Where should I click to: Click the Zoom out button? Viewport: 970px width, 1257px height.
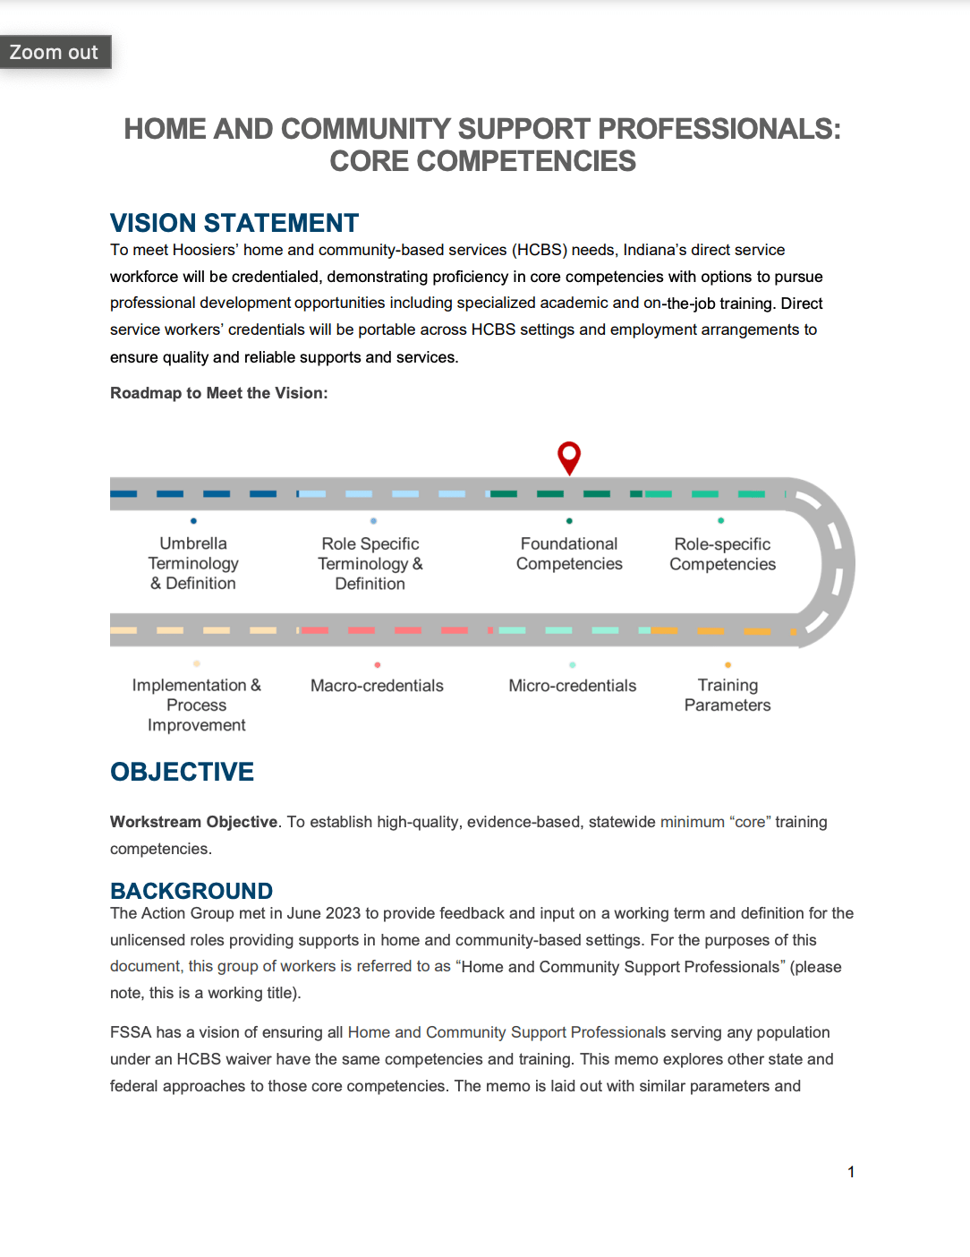55,52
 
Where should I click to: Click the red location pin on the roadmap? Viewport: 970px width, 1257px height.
569,457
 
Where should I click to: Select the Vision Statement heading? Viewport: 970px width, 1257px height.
234,223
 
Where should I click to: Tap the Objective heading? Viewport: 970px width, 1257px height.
182,772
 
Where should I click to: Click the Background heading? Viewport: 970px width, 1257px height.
191,891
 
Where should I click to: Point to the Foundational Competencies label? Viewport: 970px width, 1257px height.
569,554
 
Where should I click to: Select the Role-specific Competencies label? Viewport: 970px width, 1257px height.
722,554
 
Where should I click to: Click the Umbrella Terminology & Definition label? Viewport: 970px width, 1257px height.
193,563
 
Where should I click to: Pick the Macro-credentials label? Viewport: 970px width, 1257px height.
377,686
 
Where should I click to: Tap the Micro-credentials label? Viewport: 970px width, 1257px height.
573,686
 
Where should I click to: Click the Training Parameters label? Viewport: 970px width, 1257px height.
727,695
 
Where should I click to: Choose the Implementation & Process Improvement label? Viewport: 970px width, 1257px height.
197,705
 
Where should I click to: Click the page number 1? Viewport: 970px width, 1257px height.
851,1172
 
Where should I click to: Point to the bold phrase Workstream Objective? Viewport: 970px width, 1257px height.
193,822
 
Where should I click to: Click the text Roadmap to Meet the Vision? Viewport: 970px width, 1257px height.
218,393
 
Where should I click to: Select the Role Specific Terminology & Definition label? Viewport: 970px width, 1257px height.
370,564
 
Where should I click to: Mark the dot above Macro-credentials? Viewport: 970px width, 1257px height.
378,664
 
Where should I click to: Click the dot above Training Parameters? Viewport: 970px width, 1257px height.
727,664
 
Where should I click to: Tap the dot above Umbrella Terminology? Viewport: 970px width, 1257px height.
193,520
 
